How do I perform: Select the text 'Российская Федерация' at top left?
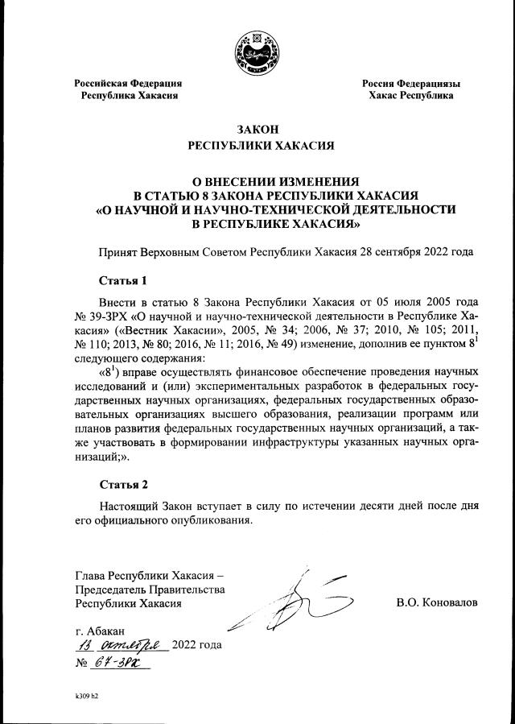128,83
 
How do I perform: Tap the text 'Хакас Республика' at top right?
410,96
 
